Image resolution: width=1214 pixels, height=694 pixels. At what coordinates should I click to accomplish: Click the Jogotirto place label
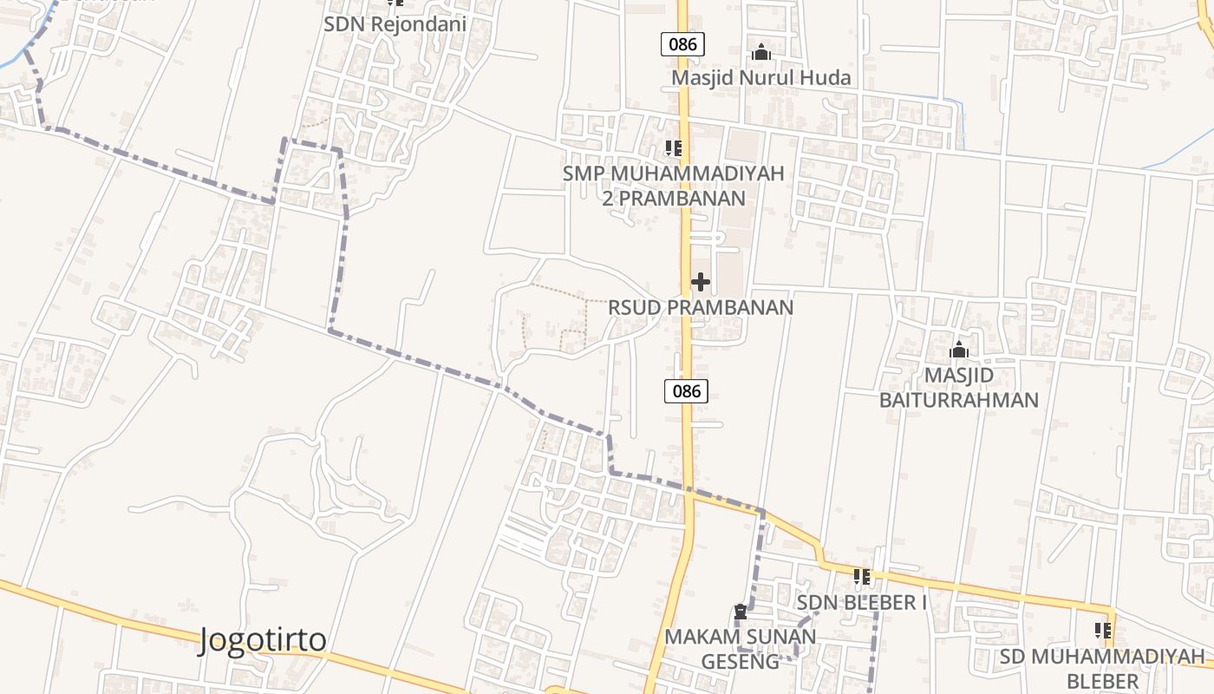264,640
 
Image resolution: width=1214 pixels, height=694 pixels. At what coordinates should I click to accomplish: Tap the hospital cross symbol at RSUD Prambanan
701,282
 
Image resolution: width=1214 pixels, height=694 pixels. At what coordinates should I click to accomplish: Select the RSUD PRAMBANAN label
701,307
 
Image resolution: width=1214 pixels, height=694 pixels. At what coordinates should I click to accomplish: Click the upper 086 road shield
682,44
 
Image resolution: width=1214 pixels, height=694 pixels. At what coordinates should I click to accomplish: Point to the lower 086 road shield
686,391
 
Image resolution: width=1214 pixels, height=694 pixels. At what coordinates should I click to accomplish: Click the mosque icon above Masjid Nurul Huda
761,53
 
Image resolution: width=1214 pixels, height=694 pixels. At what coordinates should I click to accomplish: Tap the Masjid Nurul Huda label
761,78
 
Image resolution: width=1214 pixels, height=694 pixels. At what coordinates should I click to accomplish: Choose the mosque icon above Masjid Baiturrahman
959,350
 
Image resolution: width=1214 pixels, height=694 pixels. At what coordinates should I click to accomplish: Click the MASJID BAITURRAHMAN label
959,388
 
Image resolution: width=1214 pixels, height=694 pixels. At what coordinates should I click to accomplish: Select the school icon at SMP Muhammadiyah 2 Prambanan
673,148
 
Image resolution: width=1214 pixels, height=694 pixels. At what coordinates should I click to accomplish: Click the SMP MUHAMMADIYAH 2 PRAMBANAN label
673,186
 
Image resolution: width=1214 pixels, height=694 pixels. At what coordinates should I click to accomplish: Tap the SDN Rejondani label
395,24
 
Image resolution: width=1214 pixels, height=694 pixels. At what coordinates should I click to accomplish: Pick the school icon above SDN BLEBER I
861,577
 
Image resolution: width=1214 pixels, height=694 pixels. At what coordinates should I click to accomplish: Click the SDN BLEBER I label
861,602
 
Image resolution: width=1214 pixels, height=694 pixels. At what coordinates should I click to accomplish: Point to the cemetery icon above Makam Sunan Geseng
740,612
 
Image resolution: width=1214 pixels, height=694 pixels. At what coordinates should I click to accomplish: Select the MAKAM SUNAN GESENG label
740,649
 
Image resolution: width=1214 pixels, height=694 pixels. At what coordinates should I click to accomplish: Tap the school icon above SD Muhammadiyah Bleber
1102,631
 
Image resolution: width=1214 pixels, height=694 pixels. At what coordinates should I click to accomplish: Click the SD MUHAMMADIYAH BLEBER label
1102,667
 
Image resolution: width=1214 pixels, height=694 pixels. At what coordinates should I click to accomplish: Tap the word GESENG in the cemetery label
740,661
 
